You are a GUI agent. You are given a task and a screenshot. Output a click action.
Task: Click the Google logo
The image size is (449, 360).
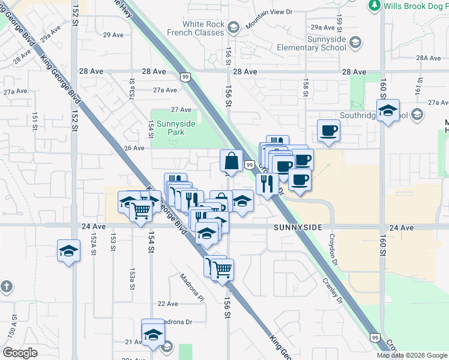[20, 352]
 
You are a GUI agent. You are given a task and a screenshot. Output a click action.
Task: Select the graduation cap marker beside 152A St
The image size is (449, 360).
[69, 251]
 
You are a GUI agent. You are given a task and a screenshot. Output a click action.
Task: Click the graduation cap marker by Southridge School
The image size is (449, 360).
[388, 111]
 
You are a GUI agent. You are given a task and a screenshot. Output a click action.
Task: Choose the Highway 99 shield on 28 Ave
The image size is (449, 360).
[185, 76]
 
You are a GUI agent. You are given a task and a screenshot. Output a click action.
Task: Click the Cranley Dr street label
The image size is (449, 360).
[331, 290]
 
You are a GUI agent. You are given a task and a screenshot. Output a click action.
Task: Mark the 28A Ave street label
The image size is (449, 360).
[429, 58]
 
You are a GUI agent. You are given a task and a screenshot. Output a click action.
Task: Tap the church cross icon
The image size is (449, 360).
[5, 287]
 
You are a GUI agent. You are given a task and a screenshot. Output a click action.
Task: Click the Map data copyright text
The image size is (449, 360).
[411, 355]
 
